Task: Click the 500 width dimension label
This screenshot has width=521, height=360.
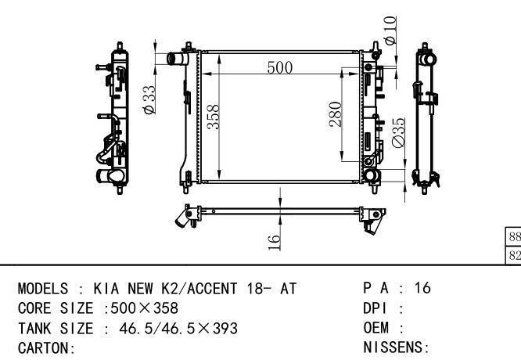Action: pos(280,67)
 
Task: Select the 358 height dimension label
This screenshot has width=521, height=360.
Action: pos(214,117)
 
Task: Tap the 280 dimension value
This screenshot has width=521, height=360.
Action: pos(336,114)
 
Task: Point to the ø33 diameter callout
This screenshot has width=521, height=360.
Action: pos(149,100)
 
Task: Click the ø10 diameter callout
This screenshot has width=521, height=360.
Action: pos(390,31)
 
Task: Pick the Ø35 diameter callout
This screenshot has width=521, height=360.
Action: pos(398,132)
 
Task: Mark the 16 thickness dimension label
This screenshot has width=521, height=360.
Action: pos(274,242)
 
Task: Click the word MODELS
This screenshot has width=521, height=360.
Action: pos(43,288)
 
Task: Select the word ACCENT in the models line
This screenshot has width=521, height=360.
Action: pos(212,288)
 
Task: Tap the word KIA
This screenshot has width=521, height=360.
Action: pos(106,288)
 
